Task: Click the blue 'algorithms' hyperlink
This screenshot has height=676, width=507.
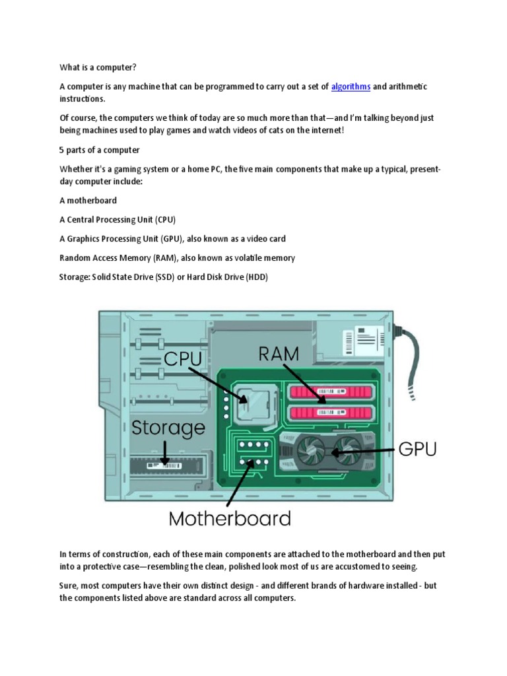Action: tap(351, 87)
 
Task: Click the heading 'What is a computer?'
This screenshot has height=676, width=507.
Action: tap(99, 67)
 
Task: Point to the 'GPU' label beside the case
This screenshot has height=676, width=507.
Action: tap(418, 451)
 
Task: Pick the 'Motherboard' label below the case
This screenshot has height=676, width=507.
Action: tap(230, 518)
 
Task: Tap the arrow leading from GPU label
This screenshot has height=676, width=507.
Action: tap(364, 452)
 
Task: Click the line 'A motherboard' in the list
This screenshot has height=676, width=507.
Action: tap(88, 201)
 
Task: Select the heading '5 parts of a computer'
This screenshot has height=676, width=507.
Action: tap(100, 150)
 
